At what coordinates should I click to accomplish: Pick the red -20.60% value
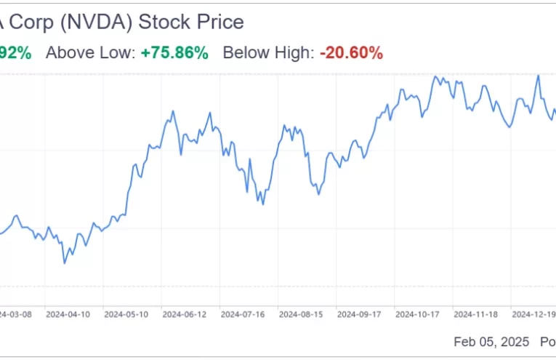click(x=351, y=52)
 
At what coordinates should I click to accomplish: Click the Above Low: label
click(x=91, y=52)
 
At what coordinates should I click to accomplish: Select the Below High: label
click(x=268, y=52)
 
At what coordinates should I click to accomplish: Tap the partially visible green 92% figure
click(x=15, y=52)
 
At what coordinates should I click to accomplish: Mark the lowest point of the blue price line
click(x=65, y=263)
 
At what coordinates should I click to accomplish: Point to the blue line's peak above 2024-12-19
click(x=538, y=75)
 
